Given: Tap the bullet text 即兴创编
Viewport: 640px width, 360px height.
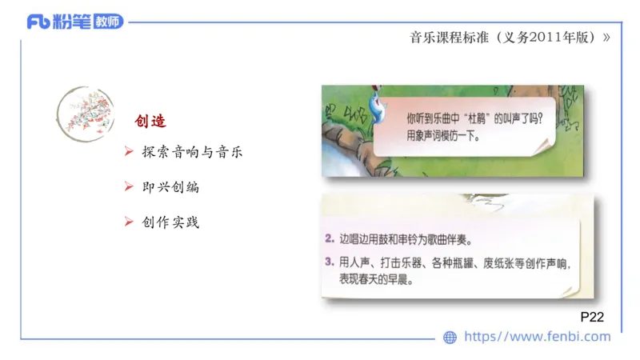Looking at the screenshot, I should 170,186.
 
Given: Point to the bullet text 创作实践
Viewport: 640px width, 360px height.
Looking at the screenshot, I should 170,222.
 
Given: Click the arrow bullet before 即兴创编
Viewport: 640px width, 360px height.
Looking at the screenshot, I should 128,186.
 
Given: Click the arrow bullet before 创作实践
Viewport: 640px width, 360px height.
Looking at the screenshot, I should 128,222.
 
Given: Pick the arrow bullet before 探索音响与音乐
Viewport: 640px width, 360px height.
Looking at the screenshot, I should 128,152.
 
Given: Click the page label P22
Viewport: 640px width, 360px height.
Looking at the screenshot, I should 591,318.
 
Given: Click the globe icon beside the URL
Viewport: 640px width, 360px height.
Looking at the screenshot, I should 450,338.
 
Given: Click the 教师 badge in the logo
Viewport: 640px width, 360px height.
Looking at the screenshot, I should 107,22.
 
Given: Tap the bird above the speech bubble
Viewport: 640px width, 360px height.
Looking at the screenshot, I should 374,97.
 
